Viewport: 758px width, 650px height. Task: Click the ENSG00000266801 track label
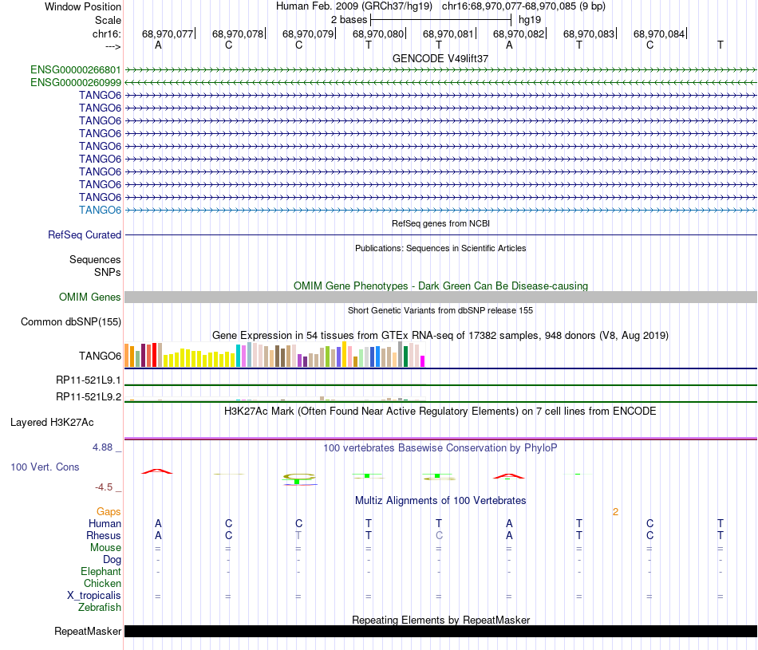[x=76, y=69]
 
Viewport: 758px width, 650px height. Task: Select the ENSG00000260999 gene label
[x=76, y=83]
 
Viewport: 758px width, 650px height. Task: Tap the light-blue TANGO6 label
[x=100, y=211]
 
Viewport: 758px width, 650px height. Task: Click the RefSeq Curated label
[x=85, y=234]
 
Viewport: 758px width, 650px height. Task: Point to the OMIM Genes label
[x=90, y=297]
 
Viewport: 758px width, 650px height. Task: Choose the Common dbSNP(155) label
[x=71, y=322]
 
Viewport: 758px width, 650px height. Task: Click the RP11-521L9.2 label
[x=89, y=396]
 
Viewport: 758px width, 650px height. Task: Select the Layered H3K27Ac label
[x=52, y=423]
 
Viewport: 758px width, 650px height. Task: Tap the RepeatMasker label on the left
[x=88, y=631]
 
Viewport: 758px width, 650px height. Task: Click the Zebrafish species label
[x=100, y=608]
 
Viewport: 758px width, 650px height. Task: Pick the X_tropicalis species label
[x=94, y=596]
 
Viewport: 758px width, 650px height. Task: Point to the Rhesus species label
[x=104, y=535]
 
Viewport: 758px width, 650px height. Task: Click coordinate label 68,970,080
[x=378, y=33]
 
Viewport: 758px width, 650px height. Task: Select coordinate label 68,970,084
[x=659, y=33]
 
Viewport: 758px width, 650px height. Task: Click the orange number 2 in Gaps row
[x=615, y=512]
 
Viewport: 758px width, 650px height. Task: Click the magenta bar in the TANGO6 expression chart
[x=423, y=361]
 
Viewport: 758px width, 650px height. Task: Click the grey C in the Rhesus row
[x=439, y=535]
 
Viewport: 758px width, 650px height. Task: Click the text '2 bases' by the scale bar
[x=349, y=20]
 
